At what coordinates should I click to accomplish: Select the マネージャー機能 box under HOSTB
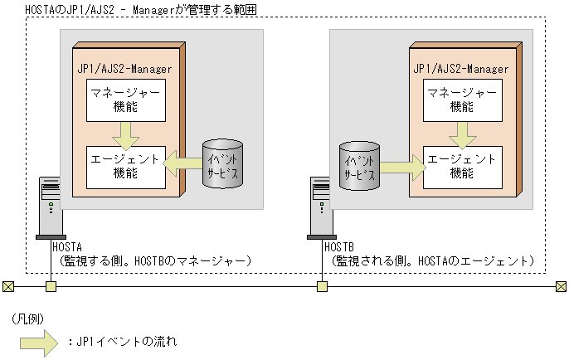(x=463, y=100)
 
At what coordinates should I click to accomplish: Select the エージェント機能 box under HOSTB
(x=463, y=163)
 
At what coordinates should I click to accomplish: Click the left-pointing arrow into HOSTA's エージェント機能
(x=183, y=163)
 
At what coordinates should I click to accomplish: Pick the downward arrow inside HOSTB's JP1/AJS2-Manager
(x=463, y=132)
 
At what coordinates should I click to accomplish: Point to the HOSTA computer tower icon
(x=51, y=208)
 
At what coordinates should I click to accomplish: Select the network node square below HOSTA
(x=51, y=287)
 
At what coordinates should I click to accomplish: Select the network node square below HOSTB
(x=322, y=287)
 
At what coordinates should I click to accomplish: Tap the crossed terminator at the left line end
(x=7, y=287)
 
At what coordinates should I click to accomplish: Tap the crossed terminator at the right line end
(x=561, y=287)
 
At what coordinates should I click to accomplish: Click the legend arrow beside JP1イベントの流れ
(x=57, y=341)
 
